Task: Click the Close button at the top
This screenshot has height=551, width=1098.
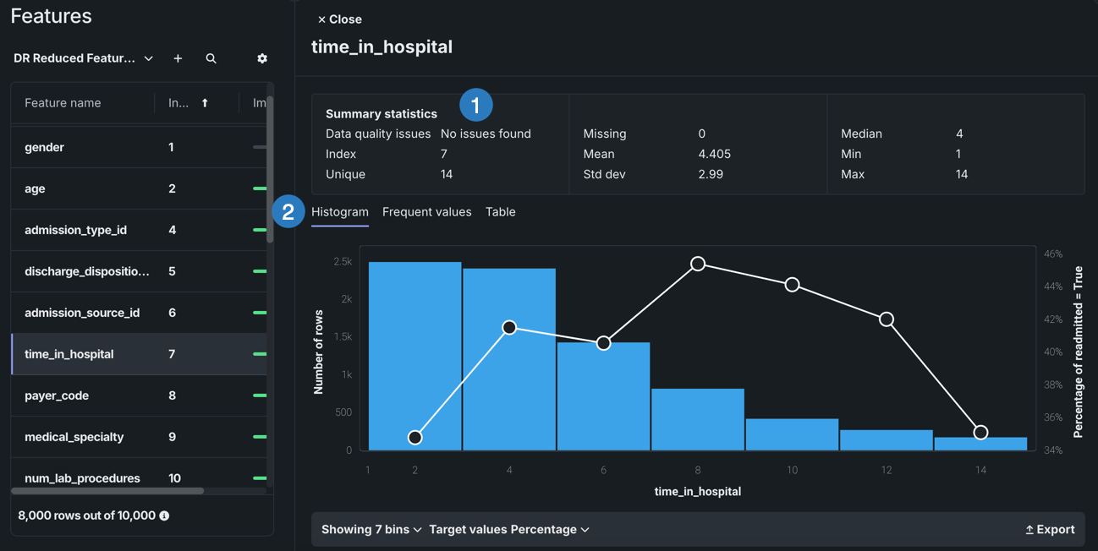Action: (339, 19)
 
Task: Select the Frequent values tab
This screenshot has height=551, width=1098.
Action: (426, 212)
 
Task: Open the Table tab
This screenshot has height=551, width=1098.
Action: (500, 212)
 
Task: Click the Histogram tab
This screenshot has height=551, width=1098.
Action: (340, 212)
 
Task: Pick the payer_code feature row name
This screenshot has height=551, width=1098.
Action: (57, 396)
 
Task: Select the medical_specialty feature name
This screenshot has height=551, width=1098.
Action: (74, 437)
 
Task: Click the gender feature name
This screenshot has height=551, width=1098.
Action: (44, 147)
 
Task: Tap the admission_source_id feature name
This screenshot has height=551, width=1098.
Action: (82, 313)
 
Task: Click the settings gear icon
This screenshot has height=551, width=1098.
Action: (262, 58)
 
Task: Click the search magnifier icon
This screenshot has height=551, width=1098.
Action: (211, 58)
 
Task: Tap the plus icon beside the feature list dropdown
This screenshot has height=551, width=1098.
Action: (178, 58)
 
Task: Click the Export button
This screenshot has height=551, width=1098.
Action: (1050, 530)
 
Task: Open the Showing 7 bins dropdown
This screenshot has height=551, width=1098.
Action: (371, 530)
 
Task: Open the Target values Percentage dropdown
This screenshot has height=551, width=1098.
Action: (509, 530)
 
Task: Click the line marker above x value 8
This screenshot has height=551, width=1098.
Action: (698, 264)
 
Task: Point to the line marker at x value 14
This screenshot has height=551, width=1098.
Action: (980, 433)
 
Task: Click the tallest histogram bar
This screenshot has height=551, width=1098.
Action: (415, 355)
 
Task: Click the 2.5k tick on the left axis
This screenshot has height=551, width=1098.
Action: (343, 262)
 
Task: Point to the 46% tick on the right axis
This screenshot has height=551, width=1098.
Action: (1053, 254)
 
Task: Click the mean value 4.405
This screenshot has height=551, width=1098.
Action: (715, 154)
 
